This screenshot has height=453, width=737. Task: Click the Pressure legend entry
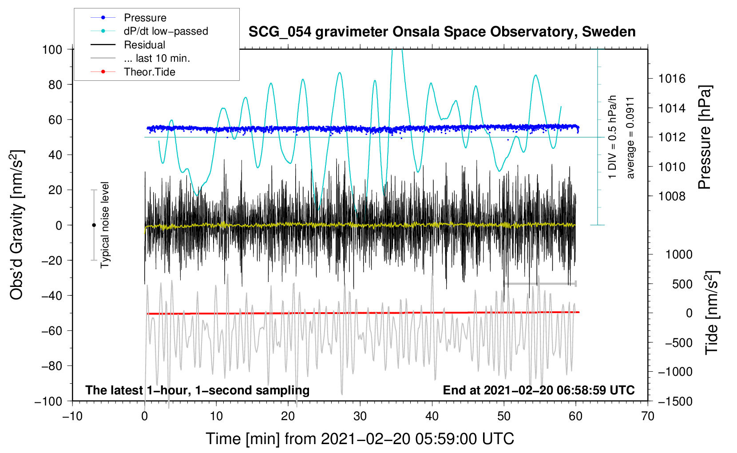tap(145, 18)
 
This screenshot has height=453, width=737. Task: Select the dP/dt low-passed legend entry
tap(166, 31)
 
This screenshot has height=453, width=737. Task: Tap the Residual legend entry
tap(144, 45)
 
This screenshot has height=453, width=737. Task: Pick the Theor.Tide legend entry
tap(149, 72)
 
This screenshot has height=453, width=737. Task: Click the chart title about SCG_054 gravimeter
tap(442, 32)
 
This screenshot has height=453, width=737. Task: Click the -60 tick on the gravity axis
tap(52, 330)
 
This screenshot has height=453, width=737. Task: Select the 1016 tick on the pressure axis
tap(672, 79)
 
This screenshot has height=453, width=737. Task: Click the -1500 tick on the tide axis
tap(675, 401)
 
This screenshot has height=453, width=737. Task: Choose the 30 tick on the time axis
tap(360, 416)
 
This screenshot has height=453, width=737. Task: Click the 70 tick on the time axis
tap(648, 416)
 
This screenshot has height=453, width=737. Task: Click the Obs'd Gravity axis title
tap(16, 225)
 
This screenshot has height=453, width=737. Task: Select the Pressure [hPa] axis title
tap(705, 138)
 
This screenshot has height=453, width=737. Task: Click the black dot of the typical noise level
tap(94, 225)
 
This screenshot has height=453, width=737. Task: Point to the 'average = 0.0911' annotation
tap(630, 138)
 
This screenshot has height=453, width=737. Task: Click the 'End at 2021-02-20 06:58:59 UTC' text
tap(539, 390)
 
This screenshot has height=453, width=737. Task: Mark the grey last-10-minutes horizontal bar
tap(539, 283)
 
